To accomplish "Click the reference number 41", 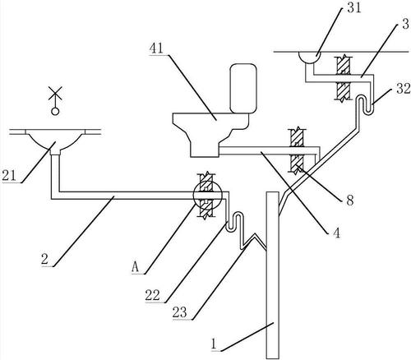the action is tap(156, 48).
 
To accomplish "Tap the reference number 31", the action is tap(354, 7).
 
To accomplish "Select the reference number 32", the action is tap(404, 89).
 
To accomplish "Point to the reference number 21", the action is tap(9, 175).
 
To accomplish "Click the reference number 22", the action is tap(153, 295).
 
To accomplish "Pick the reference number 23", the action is tap(180, 312).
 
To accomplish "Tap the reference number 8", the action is tap(350, 200).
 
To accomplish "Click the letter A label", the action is tap(135, 267).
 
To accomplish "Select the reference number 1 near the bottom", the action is tap(215, 344).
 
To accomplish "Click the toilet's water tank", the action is tap(243, 88).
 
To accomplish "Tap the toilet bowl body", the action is tap(210, 134).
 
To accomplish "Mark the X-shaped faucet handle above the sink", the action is tap(55, 93).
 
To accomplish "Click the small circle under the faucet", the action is tap(55, 111).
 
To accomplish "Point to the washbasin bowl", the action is tap(55, 140).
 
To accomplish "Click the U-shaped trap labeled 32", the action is tap(364, 104).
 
